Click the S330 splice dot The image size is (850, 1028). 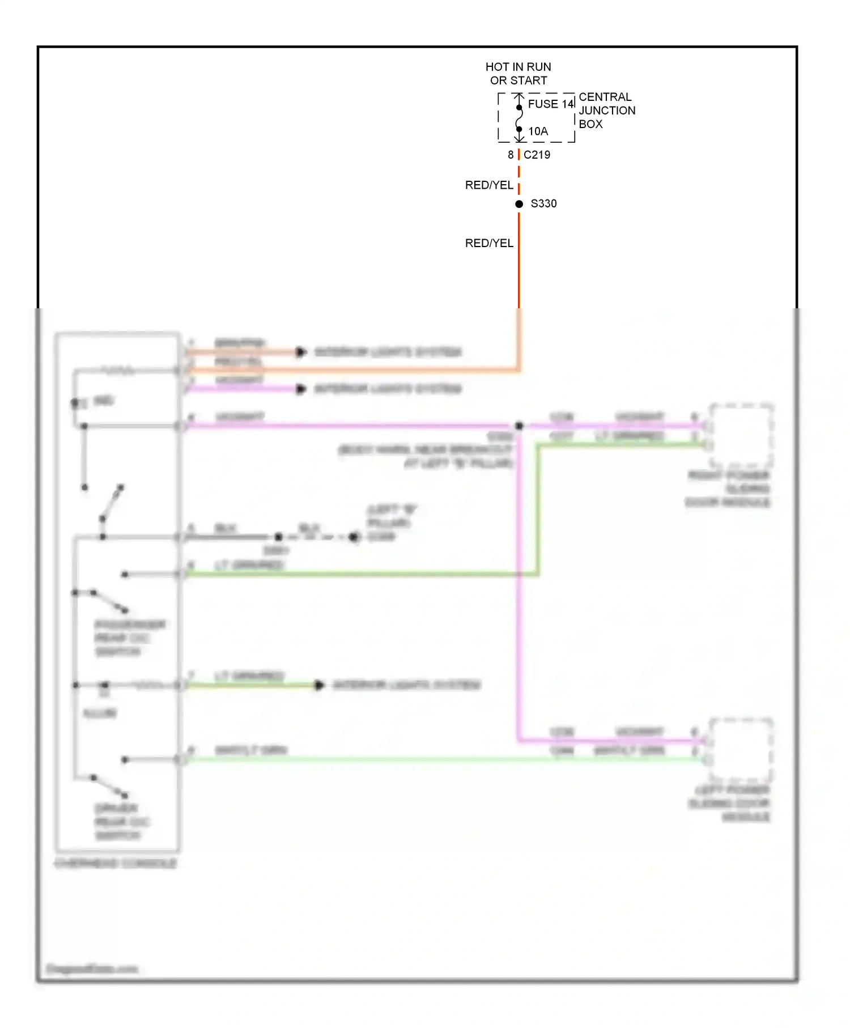click(x=518, y=203)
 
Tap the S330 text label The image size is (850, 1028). click(x=543, y=203)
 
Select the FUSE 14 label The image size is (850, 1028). click(x=551, y=104)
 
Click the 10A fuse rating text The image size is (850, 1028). click(x=538, y=131)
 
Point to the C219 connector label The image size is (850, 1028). click(x=537, y=155)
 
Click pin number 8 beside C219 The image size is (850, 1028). click(x=511, y=155)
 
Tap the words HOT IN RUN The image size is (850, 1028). click(x=518, y=67)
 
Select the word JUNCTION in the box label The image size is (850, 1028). click(x=607, y=111)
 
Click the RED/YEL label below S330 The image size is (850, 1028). click(x=489, y=243)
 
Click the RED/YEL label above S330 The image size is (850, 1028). click(x=489, y=185)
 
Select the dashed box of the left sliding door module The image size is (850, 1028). click(x=741, y=750)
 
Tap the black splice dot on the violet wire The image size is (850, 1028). click(x=518, y=425)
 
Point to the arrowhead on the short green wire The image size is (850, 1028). click(x=320, y=685)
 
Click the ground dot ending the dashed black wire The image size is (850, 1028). click(x=354, y=537)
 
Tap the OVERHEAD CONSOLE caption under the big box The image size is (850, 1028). click(x=116, y=863)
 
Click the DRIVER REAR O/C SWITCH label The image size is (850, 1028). click(x=118, y=821)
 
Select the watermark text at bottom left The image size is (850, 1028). click(x=92, y=968)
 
